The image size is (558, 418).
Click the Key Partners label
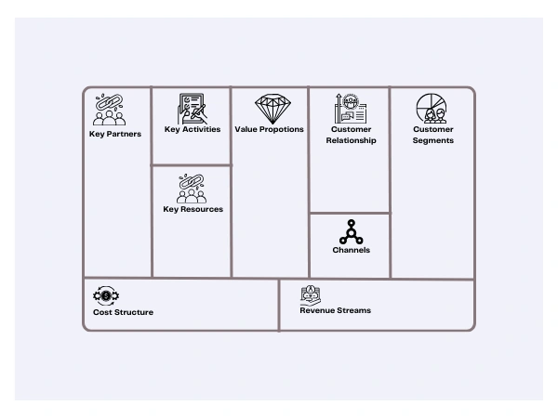point(115,134)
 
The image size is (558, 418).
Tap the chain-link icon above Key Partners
point(109,110)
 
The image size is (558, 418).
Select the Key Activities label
point(193,129)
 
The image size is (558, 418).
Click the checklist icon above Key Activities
point(193,109)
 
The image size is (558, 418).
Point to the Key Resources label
point(193,209)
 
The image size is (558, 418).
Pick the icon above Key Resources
point(192,189)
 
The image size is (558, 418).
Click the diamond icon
point(272,109)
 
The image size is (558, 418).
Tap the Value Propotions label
point(269,129)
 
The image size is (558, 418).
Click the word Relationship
point(351,140)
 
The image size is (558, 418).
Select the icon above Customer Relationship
point(351,109)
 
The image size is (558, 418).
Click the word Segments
point(433,140)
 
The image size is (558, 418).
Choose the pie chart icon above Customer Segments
point(432,109)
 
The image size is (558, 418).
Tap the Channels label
point(352,250)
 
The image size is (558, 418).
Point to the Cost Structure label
point(123,312)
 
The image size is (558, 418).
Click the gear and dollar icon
point(106,295)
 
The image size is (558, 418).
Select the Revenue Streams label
point(335,310)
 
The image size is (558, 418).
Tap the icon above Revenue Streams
point(311,295)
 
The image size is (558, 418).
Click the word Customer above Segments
point(433,129)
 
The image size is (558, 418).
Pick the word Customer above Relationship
point(351,129)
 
